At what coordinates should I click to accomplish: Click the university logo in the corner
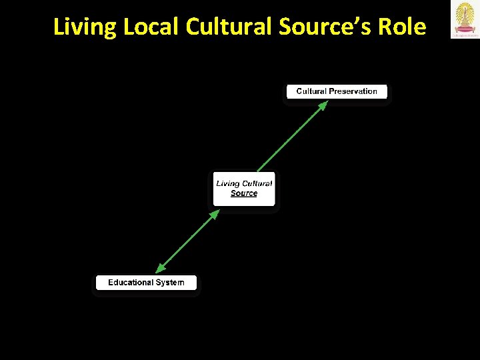(465, 20)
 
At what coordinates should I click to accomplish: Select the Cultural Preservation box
(337, 92)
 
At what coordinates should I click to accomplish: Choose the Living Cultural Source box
(244, 189)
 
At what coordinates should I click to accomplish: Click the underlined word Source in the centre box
(244, 193)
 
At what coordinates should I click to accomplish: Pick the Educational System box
(146, 283)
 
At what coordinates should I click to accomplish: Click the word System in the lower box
(170, 283)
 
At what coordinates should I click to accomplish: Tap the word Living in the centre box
(227, 183)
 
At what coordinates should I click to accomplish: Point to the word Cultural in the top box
(310, 91)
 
